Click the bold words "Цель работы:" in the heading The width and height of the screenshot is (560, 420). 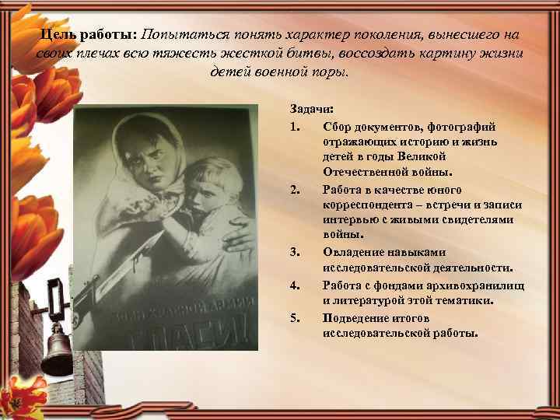[88, 37]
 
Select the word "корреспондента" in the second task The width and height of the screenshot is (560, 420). [369, 205]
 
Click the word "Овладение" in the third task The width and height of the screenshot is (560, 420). [354, 252]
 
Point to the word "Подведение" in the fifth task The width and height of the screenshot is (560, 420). [356, 318]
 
